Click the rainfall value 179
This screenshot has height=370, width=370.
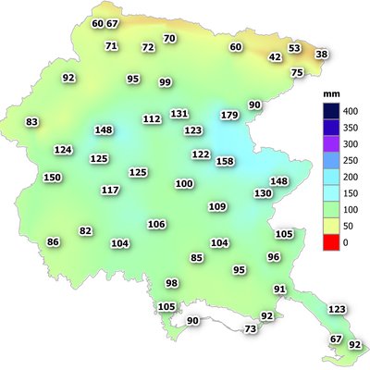pos(230,115)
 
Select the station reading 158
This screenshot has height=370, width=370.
pos(225,161)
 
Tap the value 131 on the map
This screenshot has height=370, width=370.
pos(179,113)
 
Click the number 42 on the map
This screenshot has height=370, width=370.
pos(275,57)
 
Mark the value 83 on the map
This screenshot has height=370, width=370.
pos(32,122)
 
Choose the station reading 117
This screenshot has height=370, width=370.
pos(110,190)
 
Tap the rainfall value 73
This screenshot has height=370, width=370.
pos(250,329)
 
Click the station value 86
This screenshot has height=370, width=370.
pos(53,241)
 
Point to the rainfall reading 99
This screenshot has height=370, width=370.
pos(166,82)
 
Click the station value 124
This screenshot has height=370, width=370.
pos(63,149)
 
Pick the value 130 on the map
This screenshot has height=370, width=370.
pos(263,193)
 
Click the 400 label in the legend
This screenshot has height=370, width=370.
pos(350,110)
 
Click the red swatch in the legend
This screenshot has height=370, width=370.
pos(325,242)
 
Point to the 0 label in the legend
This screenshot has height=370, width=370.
pos(346,242)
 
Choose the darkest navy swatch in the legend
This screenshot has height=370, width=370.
pos(325,110)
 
